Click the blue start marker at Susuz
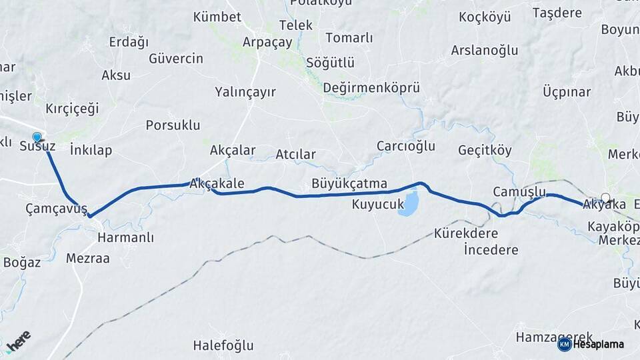click(37, 138)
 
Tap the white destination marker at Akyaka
click(605, 197)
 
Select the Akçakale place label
click(217, 183)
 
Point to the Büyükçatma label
click(349, 183)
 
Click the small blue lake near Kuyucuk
click(409, 203)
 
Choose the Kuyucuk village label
click(378, 205)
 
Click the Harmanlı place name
click(125, 237)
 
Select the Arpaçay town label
click(267, 42)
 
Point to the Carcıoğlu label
click(406, 146)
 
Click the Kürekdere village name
click(466, 234)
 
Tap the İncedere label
click(491, 250)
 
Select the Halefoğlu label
click(223, 345)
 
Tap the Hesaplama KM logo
click(591, 344)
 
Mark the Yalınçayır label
click(245, 92)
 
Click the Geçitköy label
click(485, 151)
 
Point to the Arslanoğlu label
click(485, 50)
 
